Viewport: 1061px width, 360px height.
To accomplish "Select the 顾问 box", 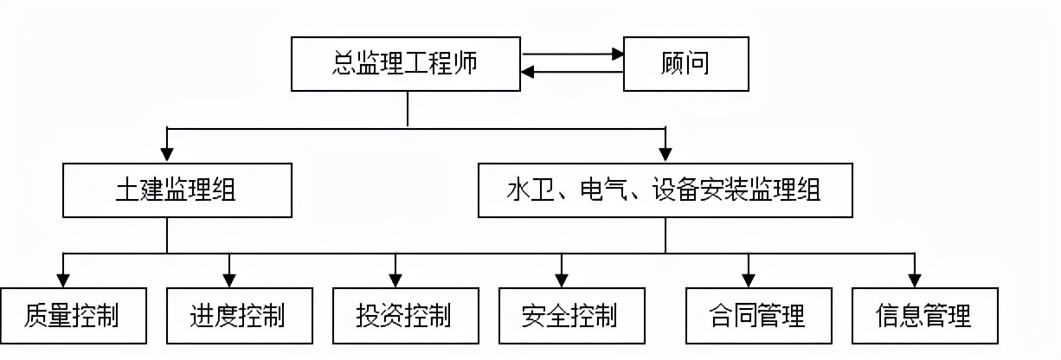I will coord(686,64).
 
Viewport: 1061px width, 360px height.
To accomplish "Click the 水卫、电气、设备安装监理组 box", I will coord(664,191).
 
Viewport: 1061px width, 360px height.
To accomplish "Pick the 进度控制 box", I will coord(237,315).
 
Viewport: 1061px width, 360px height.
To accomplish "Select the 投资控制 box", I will coord(403,315).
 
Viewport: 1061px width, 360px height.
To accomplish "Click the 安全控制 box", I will coord(569,315).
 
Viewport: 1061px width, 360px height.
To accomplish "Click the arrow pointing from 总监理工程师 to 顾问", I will coord(571,54).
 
